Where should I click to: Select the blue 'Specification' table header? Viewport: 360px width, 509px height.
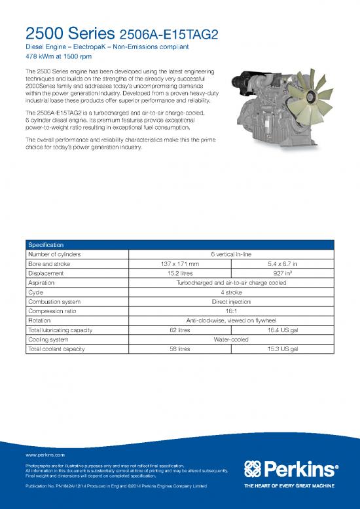tap(45, 244)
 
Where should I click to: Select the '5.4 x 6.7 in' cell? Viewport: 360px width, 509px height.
tap(283, 264)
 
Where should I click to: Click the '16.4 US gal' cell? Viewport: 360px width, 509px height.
tap(283, 330)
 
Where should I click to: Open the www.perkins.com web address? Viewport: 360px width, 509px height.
tap(45, 453)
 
